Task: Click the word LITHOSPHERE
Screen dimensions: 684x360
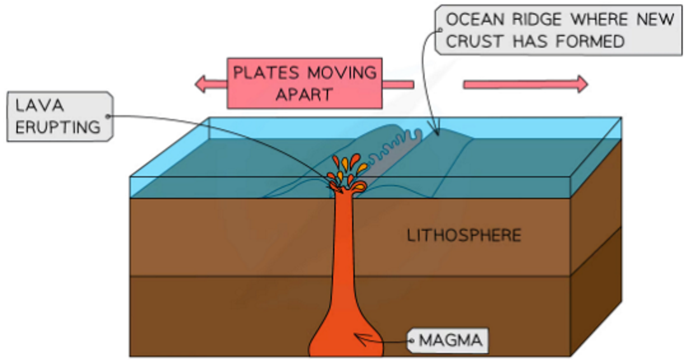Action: pyautogui.click(x=464, y=236)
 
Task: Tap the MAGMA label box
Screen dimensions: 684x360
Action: pyautogui.click(x=450, y=341)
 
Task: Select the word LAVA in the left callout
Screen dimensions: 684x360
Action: pyautogui.click(x=39, y=106)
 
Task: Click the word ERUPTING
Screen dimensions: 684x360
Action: pyautogui.click(x=58, y=127)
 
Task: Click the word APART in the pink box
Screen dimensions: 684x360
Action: pyautogui.click(x=304, y=95)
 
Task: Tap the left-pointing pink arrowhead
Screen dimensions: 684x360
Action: pyautogui.click(x=202, y=84)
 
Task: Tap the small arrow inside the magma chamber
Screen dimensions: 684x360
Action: pyautogui.click(x=365, y=340)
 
